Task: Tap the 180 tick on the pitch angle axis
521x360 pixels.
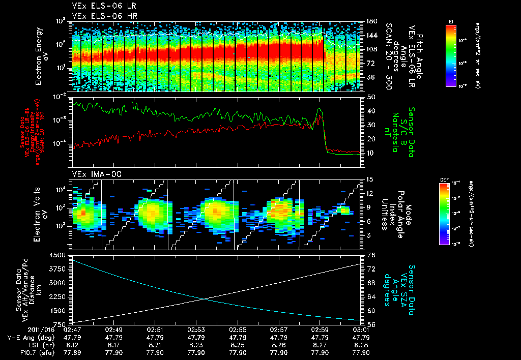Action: [370, 21]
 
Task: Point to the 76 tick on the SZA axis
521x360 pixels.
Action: [371, 255]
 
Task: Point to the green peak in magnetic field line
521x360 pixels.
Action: [319, 109]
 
